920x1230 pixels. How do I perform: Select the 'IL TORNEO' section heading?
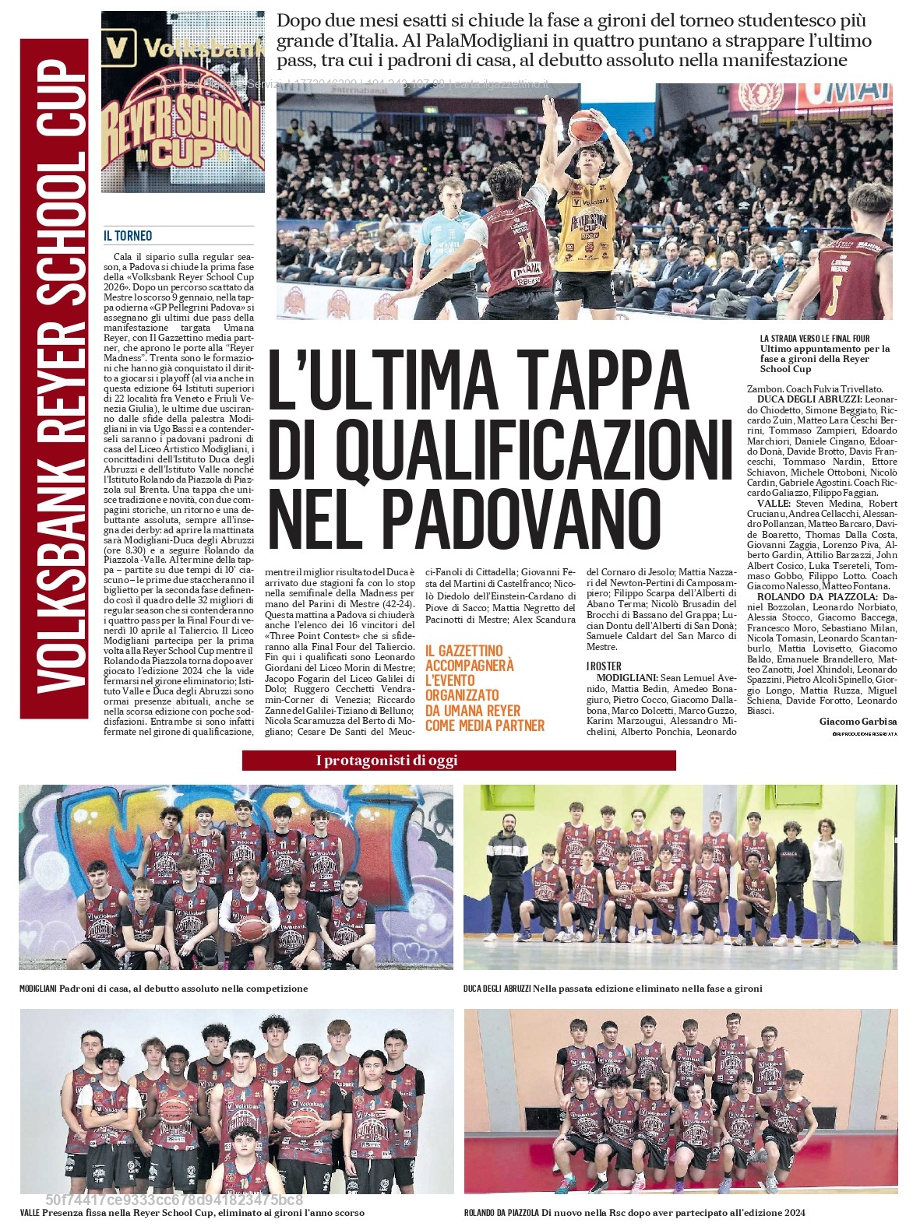click(128, 236)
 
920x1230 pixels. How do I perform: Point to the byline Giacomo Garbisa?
click(858, 722)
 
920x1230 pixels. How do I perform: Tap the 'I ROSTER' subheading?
click(604, 666)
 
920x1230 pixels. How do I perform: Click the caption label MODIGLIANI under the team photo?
click(37, 989)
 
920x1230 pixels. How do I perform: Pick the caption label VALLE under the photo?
click(30, 1213)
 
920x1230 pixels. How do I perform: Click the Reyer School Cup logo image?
click(183, 101)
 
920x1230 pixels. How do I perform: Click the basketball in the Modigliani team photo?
click(252, 928)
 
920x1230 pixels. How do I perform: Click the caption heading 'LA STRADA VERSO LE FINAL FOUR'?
click(815, 339)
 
